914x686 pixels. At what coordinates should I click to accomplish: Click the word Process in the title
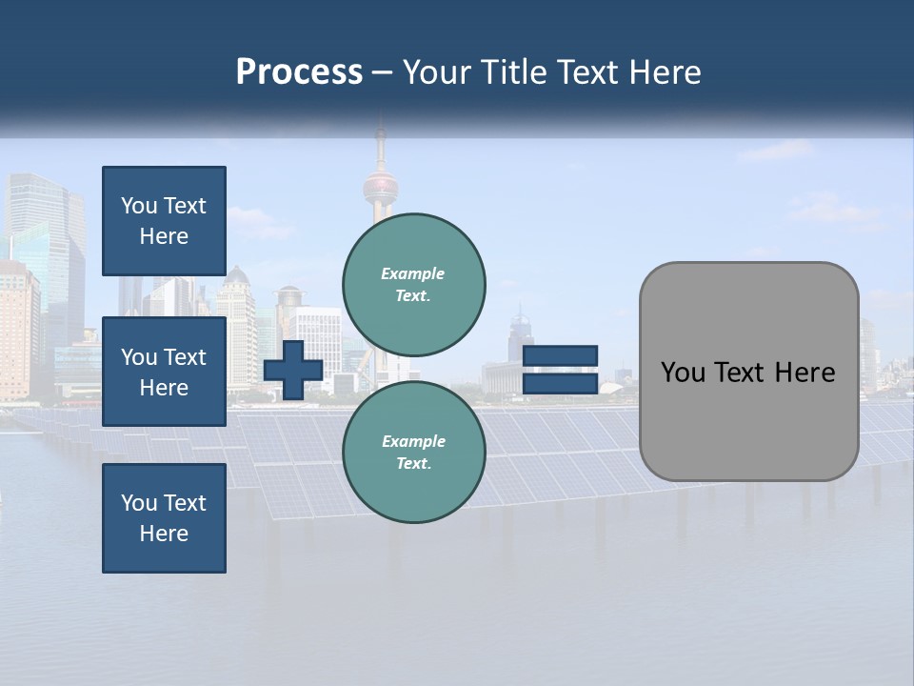tap(299, 72)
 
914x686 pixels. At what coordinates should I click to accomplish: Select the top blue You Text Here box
tap(164, 221)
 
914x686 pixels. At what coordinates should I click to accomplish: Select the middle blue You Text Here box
tap(164, 372)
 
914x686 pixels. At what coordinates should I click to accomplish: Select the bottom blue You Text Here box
tap(164, 518)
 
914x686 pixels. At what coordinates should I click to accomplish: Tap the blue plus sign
tap(293, 370)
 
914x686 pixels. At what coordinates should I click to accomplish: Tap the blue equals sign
tap(561, 370)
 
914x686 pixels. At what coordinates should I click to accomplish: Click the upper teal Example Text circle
tap(414, 285)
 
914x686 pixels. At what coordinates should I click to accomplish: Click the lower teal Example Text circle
tap(414, 453)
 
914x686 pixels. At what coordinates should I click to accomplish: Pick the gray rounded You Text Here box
tap(748, 372)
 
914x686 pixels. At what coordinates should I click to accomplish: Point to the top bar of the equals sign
tap(561, 356)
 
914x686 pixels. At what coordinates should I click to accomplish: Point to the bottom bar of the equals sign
tap(561, 383)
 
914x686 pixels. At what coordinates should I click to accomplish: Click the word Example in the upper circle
tap(413, 273)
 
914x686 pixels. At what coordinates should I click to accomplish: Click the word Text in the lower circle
tap(412, 464)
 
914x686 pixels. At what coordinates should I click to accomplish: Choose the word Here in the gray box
tap(805, 373)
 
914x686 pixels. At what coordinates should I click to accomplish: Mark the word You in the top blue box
tap(139, 206)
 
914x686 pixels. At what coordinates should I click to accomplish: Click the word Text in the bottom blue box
tap(185, 503)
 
